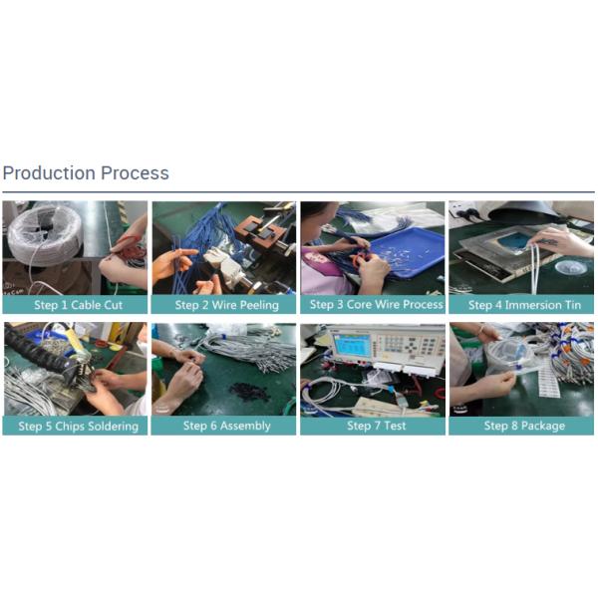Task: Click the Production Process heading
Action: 86,173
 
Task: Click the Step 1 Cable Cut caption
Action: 78,305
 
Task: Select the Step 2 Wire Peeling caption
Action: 227,305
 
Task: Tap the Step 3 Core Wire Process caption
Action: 377,304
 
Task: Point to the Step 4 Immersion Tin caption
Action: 524,305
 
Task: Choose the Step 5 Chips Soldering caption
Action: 78,426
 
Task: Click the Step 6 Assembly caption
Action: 227,426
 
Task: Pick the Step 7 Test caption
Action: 377,426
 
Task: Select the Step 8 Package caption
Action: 524,426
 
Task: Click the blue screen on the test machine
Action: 351,345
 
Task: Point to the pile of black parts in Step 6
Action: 248,391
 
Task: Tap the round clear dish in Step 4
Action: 571,268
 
